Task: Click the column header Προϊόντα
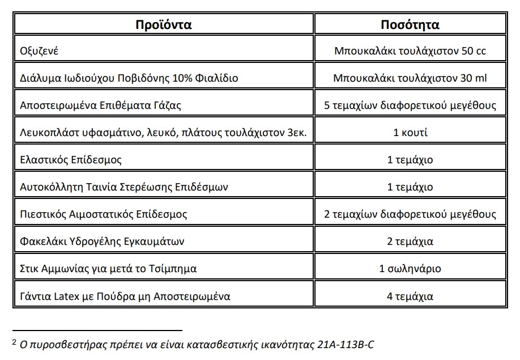pyautogui.click(x=164, y=24)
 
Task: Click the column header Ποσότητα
pyautogui.click(x=410, y=24)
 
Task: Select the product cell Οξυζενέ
pyautogui.click(x=39, y=51)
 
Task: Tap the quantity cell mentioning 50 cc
pyautogui.click(x=410, y=51)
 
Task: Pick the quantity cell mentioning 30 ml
pyautogui.click(x=410, y=78)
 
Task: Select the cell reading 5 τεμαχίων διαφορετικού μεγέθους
pyautogui.click(x=410, y=105)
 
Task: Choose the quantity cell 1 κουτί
pyautogui.click(x=410, y=133)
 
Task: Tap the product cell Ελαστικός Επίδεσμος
pyautogui.click(x=71, y=160)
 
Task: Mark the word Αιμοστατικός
pyautogui.click(x=97, y=214)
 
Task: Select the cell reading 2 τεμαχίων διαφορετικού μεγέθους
pyautogui.click(x=410, y=214)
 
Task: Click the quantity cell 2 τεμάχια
pyautogui.click(x=410, y=242)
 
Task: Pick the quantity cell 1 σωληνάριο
pyautogui.click(x=410, y=269)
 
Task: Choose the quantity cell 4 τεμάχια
pyautogui.click(x=410, y=296)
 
